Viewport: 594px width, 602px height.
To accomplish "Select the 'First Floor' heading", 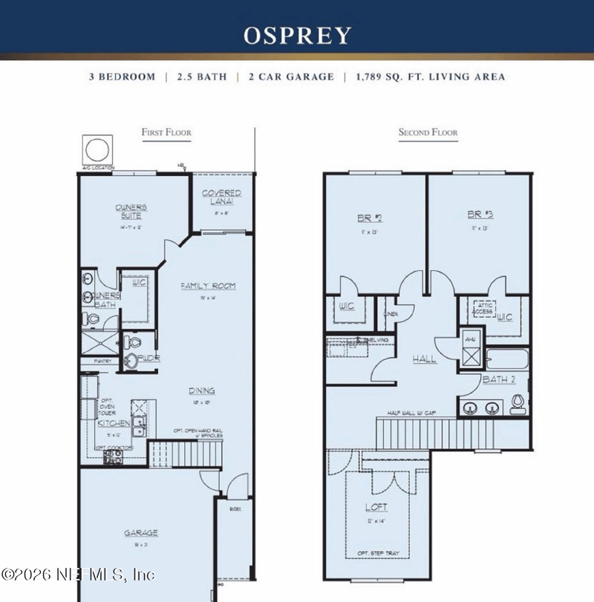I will (x=166, y=133).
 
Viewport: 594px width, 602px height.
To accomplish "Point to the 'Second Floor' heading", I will (x=428, y=133).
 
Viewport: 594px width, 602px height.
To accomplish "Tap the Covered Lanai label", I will (x=222, y=197).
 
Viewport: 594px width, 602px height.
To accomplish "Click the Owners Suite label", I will (x=130, y=212).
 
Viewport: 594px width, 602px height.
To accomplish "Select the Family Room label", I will (x=209, y=286).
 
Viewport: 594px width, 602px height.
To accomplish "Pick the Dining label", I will (x=201, y=390).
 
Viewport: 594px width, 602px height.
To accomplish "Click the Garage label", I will (x=141, y=533).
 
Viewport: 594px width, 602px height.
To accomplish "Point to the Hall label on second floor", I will (x=424, y=359).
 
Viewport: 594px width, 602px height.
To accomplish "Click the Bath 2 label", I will (x=494, y=380).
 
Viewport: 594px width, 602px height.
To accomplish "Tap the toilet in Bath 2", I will (x=518, y=403).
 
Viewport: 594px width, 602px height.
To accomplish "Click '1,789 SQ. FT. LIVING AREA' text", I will (x=430, y=77).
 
